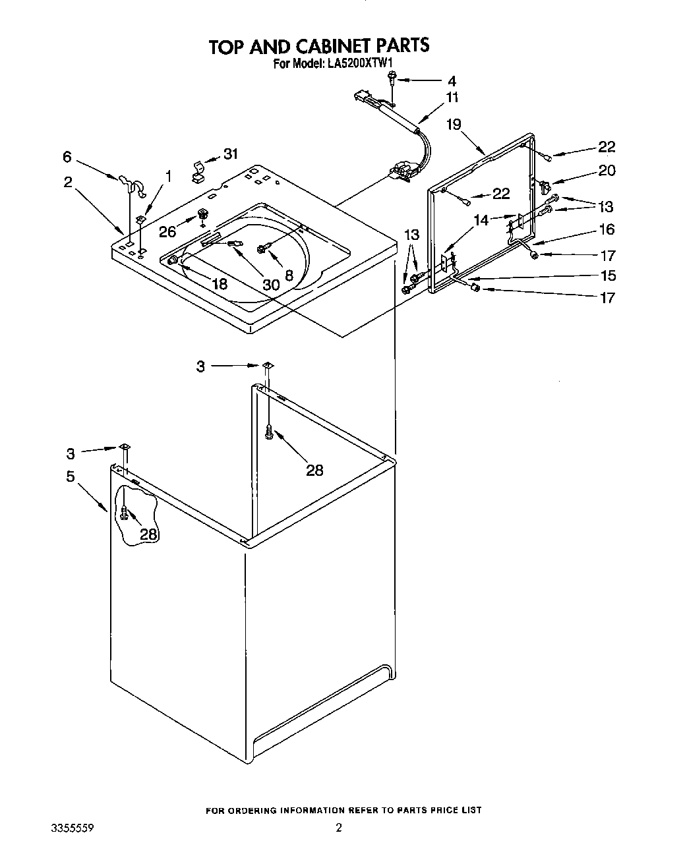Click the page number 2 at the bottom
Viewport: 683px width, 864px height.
(339, 828)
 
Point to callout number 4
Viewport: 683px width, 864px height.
(452, 82)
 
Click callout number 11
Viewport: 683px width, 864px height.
(452, 98)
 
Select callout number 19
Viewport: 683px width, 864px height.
(454, 123)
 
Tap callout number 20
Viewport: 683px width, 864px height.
(607, 171)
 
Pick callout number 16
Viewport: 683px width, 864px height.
(607, 229)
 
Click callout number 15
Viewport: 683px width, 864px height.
(608, 275)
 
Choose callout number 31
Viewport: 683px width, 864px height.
(230, 154)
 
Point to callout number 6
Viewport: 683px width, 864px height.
(67, 157)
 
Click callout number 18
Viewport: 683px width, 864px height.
(219, 283)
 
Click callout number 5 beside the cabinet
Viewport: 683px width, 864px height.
(71, 476)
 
